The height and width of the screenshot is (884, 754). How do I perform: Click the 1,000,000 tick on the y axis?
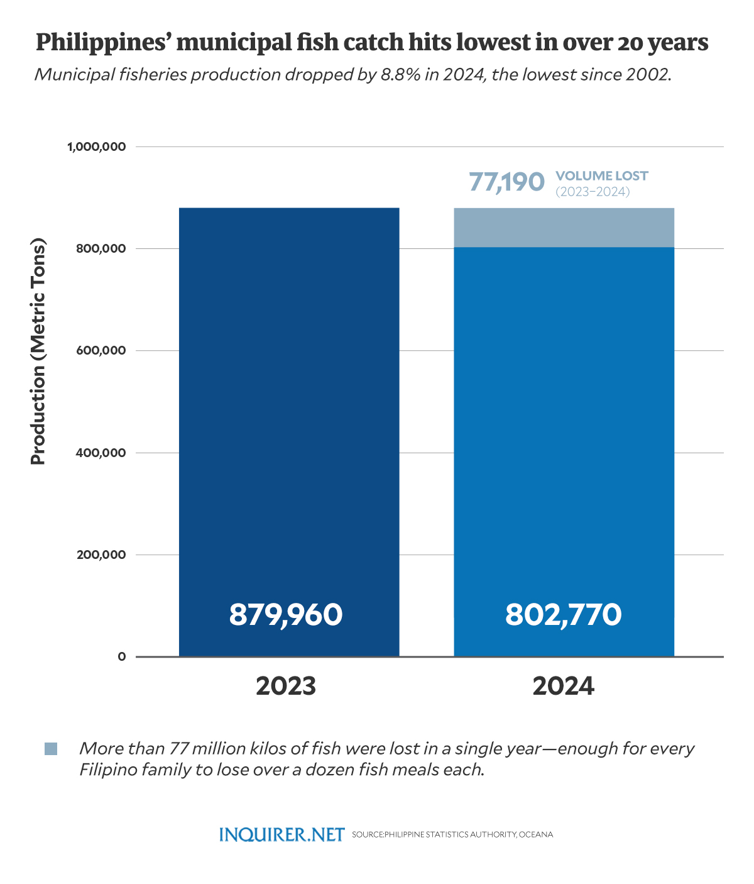(96, 146)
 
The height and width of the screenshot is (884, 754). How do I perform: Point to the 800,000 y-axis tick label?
(101, 248)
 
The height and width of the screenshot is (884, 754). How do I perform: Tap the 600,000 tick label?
(101, 351)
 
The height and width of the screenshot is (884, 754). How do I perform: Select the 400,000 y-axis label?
(101, 453)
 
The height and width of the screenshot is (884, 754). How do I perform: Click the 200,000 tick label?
(101, 555)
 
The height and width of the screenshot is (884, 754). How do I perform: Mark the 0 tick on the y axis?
(122, 656)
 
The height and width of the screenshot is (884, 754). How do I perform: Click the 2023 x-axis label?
(286, 686)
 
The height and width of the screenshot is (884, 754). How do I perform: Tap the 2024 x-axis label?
(564, 686)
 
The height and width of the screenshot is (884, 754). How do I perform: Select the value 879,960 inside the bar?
(286, 614)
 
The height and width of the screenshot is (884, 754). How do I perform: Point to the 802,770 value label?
(564, 614)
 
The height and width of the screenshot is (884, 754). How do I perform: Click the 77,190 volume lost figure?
(506, 182)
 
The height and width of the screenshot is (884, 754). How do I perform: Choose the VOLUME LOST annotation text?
(602, 176)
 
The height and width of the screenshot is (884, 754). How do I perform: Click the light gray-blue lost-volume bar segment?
(564, 227)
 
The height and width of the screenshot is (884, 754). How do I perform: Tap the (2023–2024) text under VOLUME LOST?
(593, 192)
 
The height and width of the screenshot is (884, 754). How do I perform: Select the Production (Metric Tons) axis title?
(39, 351)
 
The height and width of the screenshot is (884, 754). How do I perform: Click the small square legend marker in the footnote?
(51, 749)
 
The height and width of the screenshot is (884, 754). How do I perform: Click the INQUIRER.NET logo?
(282, 834)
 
